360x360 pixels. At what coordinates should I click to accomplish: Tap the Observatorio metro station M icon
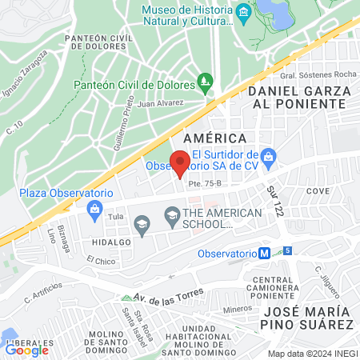263,254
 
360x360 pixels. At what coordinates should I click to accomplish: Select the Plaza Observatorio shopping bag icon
95,210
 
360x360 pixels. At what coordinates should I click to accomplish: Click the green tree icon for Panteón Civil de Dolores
206,81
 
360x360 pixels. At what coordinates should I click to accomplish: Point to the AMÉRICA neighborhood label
214,138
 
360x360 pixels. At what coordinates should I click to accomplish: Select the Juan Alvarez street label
160,102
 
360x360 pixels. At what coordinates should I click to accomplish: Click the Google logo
26,350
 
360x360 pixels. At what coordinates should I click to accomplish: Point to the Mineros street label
237,307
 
